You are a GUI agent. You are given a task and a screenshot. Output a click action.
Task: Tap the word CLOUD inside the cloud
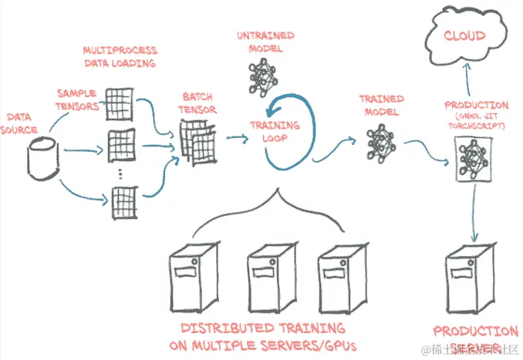464,35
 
